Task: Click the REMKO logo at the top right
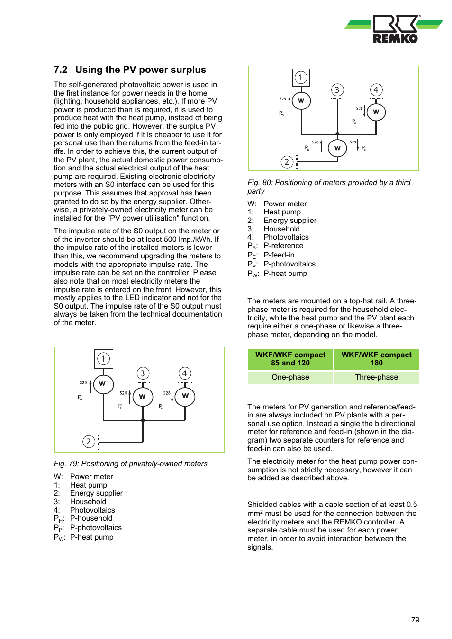[x=394, y=29]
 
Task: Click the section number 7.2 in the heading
[x=61, y=70]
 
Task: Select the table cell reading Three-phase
[x=376, y=377]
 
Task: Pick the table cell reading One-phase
[x=290, y=377]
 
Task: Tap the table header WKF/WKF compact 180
[x=376, y=359]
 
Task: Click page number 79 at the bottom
[x=415, y=620]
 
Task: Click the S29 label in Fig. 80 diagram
[x=353, y=142]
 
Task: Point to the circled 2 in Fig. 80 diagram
[x=286, y=162]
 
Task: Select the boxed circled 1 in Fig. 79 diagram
[x=103, y=359]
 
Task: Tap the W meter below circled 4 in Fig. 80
[x=376, y=112]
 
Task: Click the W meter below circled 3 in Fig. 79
[x=142, y=397]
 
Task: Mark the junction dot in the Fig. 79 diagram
[x=143, y=420]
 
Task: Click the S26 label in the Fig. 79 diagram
[x=123, y=393]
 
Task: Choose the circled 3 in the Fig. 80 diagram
[x=337, y=90]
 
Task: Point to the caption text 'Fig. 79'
[x=66, y=464]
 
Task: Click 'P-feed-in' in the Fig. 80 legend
[x=279, y=255]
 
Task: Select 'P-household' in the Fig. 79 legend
[x=91, y=518]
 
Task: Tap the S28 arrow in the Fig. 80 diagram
[x=364, y=111]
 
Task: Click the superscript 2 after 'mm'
[x=261, y=512]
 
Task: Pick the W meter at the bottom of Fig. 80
[x=337, y=148]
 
